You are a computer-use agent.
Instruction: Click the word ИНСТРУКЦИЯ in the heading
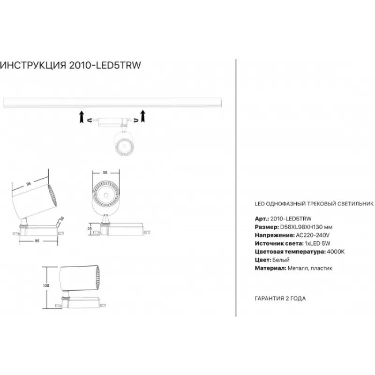(33, 65)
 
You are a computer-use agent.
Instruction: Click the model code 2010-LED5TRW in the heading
(105, 65)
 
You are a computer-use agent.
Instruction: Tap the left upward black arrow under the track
(82, 117)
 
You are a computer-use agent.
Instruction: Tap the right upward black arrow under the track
(143, 116)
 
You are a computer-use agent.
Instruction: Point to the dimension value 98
(29, 184)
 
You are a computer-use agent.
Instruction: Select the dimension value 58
(105, 172)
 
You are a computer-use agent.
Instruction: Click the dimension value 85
(37, 241)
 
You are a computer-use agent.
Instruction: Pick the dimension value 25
(90, 229)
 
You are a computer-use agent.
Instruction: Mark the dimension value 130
(46, 285)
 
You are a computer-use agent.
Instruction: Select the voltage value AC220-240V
(313, 235)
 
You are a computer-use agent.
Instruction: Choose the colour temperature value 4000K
(336, 252)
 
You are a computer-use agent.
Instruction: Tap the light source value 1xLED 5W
(318, 243)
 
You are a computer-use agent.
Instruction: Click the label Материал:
(270, 268)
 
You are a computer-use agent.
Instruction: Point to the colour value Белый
(281, 260)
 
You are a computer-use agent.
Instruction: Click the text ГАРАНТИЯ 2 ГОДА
(280, 298)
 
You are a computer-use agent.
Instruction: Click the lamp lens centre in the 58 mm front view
(106, 195)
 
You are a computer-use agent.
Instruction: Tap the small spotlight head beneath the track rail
(124, 143)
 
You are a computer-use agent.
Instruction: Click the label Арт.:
(262, 218)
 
